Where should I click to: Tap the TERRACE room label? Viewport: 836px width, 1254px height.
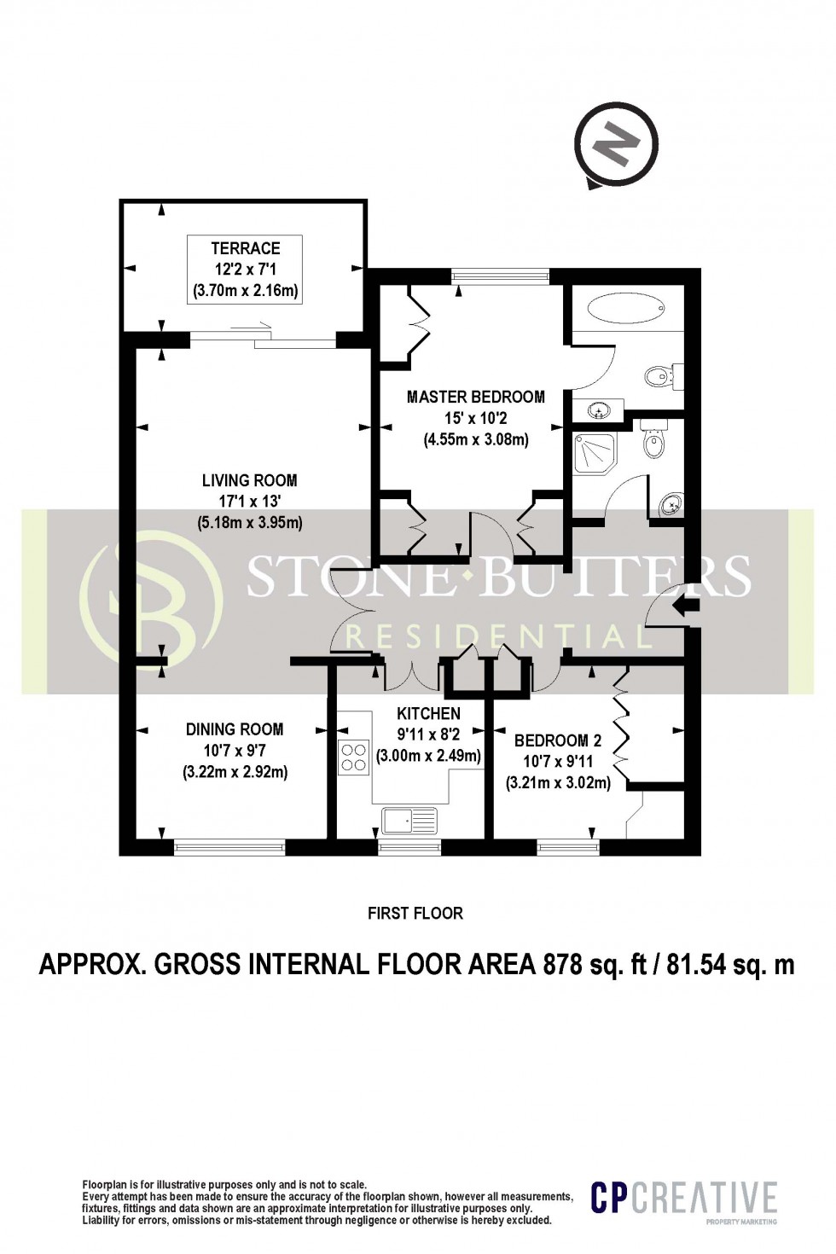[x=246, y=248]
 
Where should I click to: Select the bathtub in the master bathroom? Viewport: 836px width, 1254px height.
[x=627, y=309]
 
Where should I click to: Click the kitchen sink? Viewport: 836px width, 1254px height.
[x=409, y=821]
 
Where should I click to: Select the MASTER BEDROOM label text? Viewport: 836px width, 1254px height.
[x=475, y=397]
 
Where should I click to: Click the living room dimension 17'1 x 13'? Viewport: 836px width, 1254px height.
[x=250, y=502]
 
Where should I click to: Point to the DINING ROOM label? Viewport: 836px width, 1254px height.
[x=235, y=729]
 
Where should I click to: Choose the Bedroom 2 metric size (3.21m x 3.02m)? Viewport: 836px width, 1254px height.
[x=558, y=782]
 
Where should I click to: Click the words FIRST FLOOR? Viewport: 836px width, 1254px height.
[x=415, y=914]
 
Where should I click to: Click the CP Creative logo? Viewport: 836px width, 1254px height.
[x=684, y=1198]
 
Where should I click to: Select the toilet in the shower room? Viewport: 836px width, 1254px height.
[x=653, y=440]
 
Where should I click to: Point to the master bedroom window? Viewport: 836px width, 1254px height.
[x=500, y=275]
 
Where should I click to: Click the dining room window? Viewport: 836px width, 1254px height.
[x=229, y=848]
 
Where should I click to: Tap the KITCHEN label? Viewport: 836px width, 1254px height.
[x=428, y=713]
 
